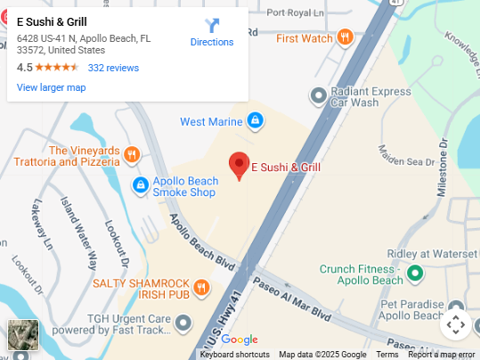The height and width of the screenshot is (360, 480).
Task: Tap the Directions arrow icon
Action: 212,25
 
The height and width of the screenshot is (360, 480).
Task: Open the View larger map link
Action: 52,87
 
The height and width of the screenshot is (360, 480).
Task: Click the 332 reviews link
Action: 113,68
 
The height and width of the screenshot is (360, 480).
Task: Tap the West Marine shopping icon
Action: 255,120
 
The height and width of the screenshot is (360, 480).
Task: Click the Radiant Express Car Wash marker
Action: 318,95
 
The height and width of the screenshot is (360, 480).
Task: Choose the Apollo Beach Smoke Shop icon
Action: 140,185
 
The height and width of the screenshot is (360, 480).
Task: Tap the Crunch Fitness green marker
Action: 414,274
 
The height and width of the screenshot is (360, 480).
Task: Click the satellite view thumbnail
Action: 23,334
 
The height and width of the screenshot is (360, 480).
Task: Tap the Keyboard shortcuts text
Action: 235,355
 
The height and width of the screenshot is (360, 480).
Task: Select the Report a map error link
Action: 442,355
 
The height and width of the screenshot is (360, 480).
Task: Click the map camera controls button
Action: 455,324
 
